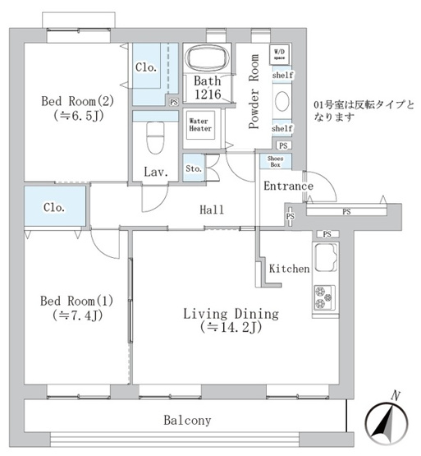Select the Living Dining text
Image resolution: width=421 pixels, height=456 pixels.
coord(231,314)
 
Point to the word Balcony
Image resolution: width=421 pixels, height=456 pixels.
coord(186,420)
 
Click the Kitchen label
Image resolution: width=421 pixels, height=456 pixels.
coord(289,269)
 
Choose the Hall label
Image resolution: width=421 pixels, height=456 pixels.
coord(213,210)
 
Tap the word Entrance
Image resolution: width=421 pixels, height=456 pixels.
coord(288,187)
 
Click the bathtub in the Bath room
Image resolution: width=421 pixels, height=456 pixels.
coord(211,58)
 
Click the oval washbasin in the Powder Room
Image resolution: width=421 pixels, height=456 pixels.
coord(281,101)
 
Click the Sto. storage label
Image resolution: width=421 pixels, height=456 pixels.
coord(193,170)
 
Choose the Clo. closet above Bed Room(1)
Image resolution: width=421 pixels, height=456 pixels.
coord(55,207)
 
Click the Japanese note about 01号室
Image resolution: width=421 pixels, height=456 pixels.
coord(364,111)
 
